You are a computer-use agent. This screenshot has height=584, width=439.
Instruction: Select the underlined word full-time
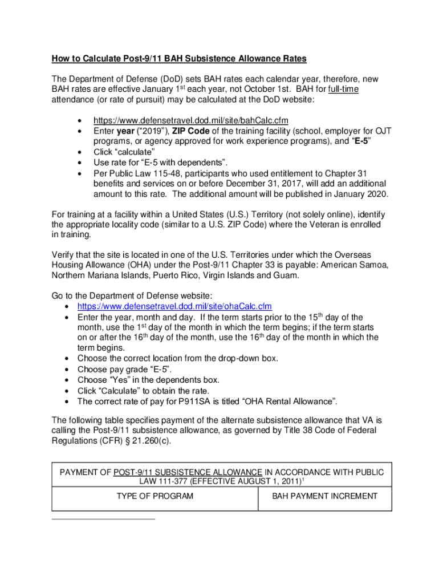(x=339, y=89)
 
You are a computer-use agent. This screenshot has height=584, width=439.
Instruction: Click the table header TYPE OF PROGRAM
(x=155, y=496)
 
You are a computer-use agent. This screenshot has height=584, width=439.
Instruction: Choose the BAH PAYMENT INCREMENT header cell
(x=324, y=496)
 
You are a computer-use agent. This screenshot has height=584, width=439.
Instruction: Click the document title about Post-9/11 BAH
(x=180, y=59)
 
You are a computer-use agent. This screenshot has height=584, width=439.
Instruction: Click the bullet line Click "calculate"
(x=124, y=152)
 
